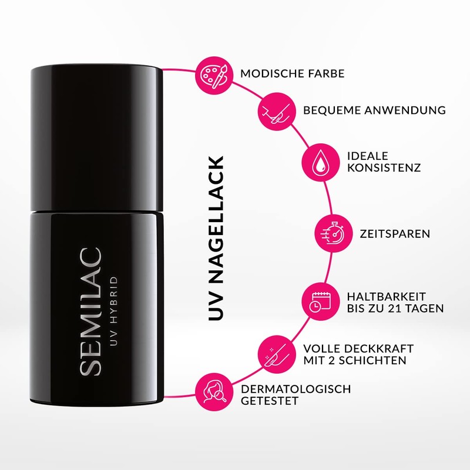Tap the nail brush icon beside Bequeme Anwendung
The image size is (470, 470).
pos(276,110)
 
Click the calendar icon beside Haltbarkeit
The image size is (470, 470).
pos(317,301)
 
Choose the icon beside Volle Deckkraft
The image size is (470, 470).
pos(276,353)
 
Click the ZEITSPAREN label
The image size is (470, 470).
pos(395,234)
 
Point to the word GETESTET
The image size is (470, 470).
pos(270,402)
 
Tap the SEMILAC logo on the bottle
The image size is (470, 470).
pos(92,311)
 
